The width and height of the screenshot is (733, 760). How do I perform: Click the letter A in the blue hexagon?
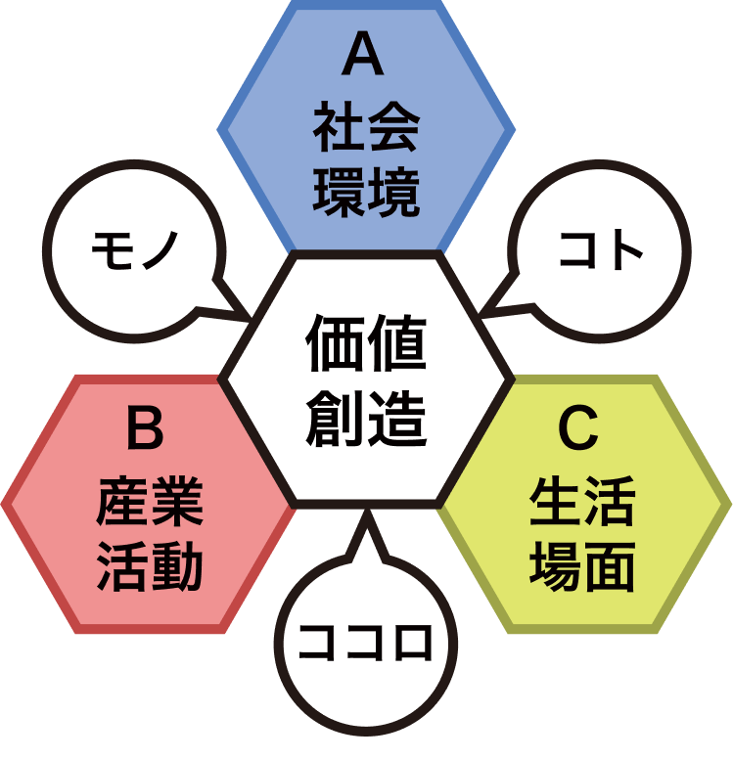point(365,59)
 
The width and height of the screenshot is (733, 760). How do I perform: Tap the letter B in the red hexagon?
point(146,430)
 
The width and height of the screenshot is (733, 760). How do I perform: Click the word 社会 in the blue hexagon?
point(366,128)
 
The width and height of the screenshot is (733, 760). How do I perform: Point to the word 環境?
point(366,193)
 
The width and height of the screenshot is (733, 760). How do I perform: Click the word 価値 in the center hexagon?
point(366,344)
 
